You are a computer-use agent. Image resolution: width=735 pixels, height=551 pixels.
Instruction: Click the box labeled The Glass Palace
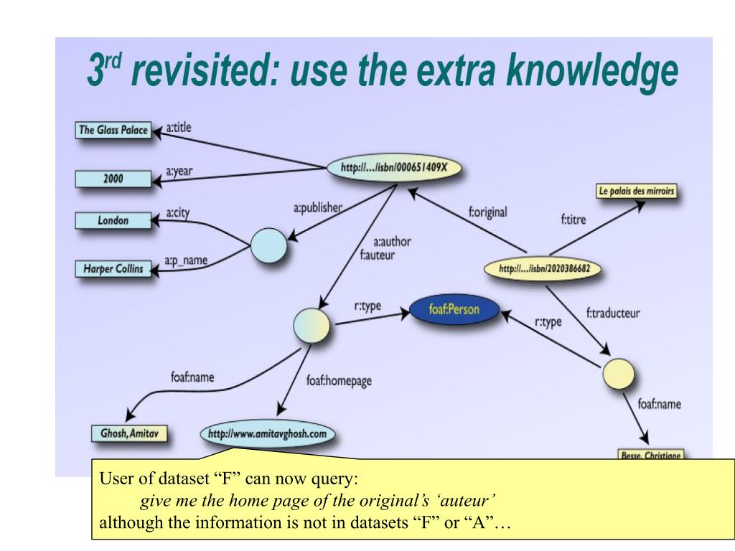[113, 131]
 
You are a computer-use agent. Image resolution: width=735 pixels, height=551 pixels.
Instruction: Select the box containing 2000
[113, 177]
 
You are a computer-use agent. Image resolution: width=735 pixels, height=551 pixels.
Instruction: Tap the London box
[113, 221]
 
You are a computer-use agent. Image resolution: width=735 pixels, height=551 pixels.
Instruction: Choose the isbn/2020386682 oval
[544, 269]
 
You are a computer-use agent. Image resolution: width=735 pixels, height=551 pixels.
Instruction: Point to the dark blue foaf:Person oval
[454, 311]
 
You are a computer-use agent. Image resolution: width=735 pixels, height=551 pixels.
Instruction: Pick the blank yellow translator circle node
[618, 373]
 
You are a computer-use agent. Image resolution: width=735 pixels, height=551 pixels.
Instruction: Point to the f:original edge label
[487, 212]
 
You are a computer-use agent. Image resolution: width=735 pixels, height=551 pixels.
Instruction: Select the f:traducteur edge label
[613, 313]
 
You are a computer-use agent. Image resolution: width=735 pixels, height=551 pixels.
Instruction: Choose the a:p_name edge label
[186, 260]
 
